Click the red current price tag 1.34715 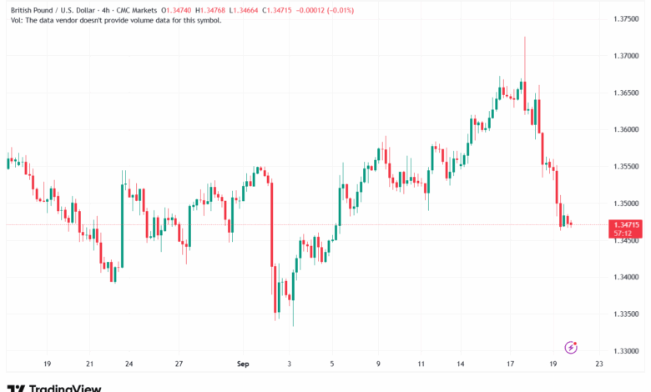[x=626, y=224]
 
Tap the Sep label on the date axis [x=243, y=364]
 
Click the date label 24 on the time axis [x=129, y=364]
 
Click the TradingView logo [x=55, y=387]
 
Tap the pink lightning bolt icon [x=572, y=347]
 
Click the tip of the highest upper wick [x=524, y=38]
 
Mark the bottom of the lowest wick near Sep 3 [x=293, y=325]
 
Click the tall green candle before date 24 [x=122, y=225]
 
